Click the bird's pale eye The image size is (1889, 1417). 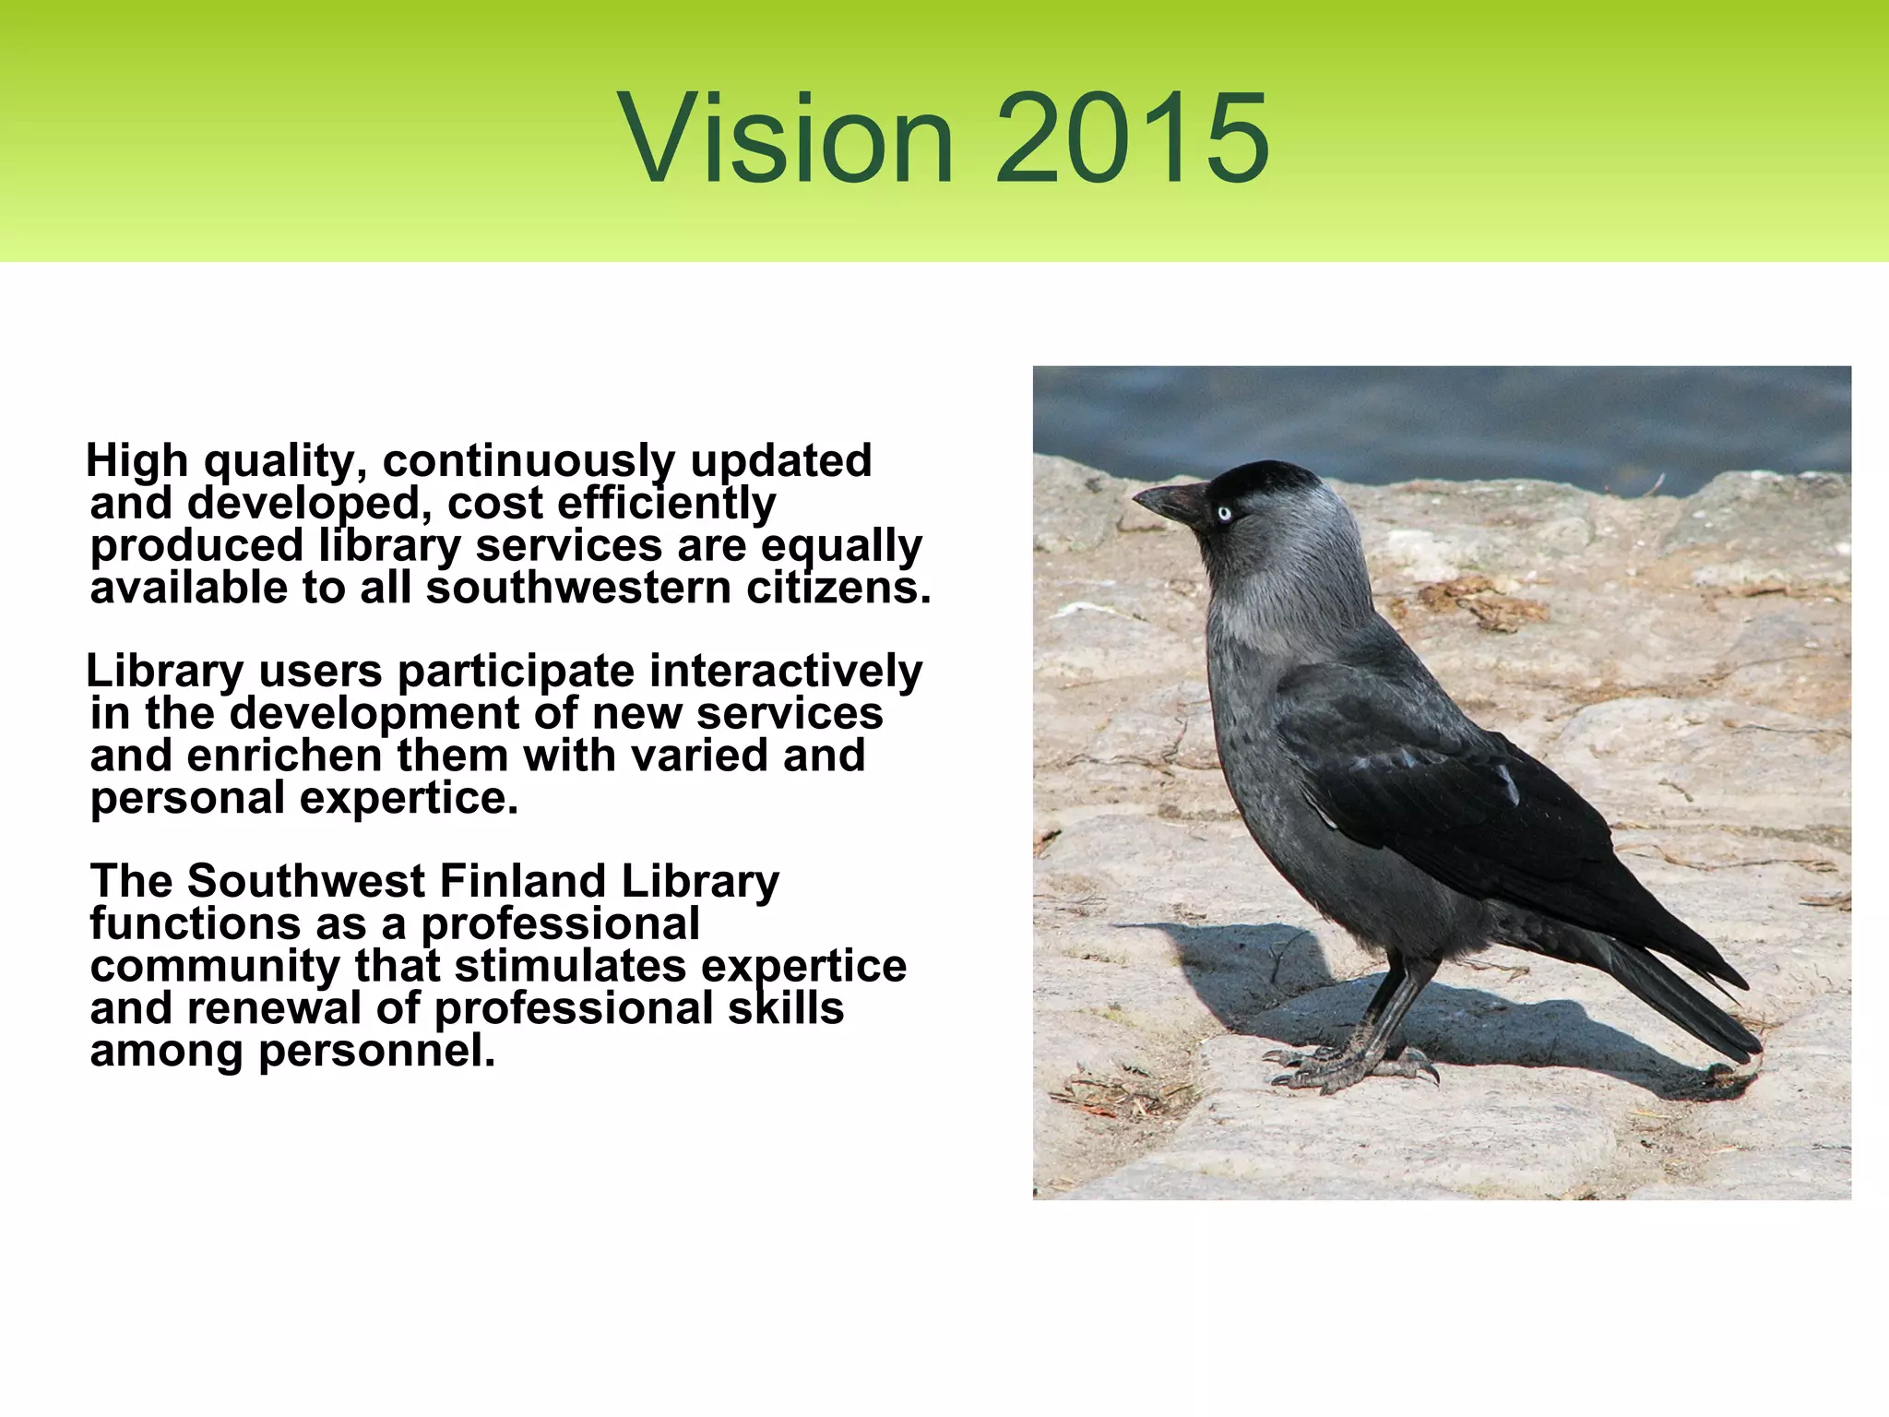[1224, 513]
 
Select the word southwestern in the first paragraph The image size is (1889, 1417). [578, 589]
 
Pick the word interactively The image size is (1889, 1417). [785, 672]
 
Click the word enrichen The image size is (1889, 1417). [282, 756]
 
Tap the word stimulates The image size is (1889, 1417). [570, 967]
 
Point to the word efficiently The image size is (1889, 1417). [666, 504]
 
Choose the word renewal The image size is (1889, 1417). [274, 1009]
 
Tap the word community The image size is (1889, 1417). [215, 967]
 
